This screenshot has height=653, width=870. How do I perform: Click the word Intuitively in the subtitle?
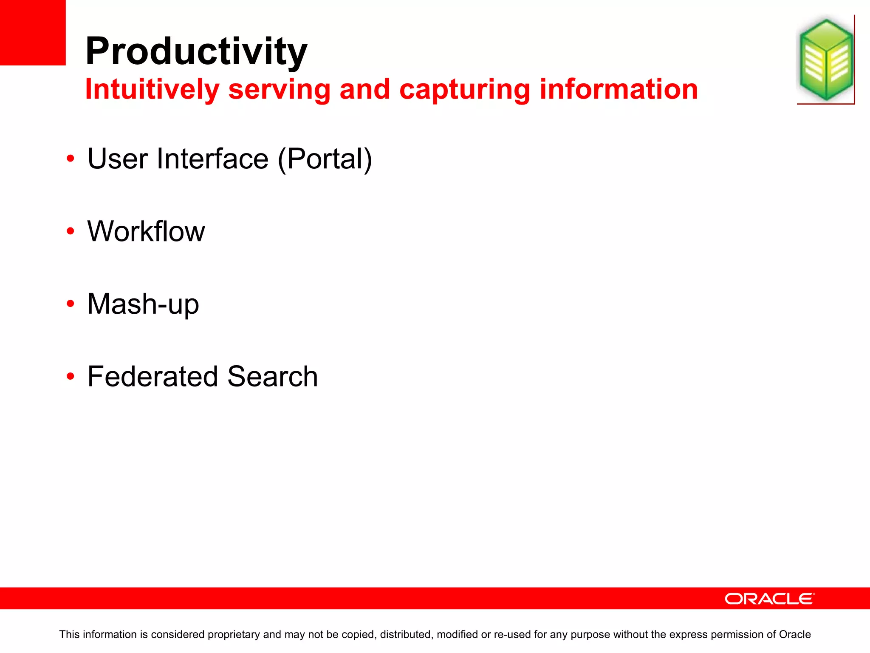(152, 90)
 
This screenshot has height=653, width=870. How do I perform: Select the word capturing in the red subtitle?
(465, 90)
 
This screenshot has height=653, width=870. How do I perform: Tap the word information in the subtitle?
(619, 90)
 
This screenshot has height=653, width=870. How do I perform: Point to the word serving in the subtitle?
(279, 90)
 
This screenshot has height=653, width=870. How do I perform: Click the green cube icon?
(825, 60)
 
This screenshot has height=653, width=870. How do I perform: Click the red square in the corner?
(32, 32)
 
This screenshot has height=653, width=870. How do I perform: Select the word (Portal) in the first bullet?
(325, 159)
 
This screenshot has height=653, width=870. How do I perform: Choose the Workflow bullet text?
(146, 232)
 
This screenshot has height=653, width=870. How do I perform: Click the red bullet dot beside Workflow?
(71, 231)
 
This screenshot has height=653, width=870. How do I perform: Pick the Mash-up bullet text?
(143, 304)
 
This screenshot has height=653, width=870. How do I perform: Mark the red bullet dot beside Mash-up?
(71, 304)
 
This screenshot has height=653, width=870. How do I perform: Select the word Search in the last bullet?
(272, 377)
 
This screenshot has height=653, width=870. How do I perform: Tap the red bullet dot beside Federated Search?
(71, 376)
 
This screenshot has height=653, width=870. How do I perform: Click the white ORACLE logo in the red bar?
(769, 599)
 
